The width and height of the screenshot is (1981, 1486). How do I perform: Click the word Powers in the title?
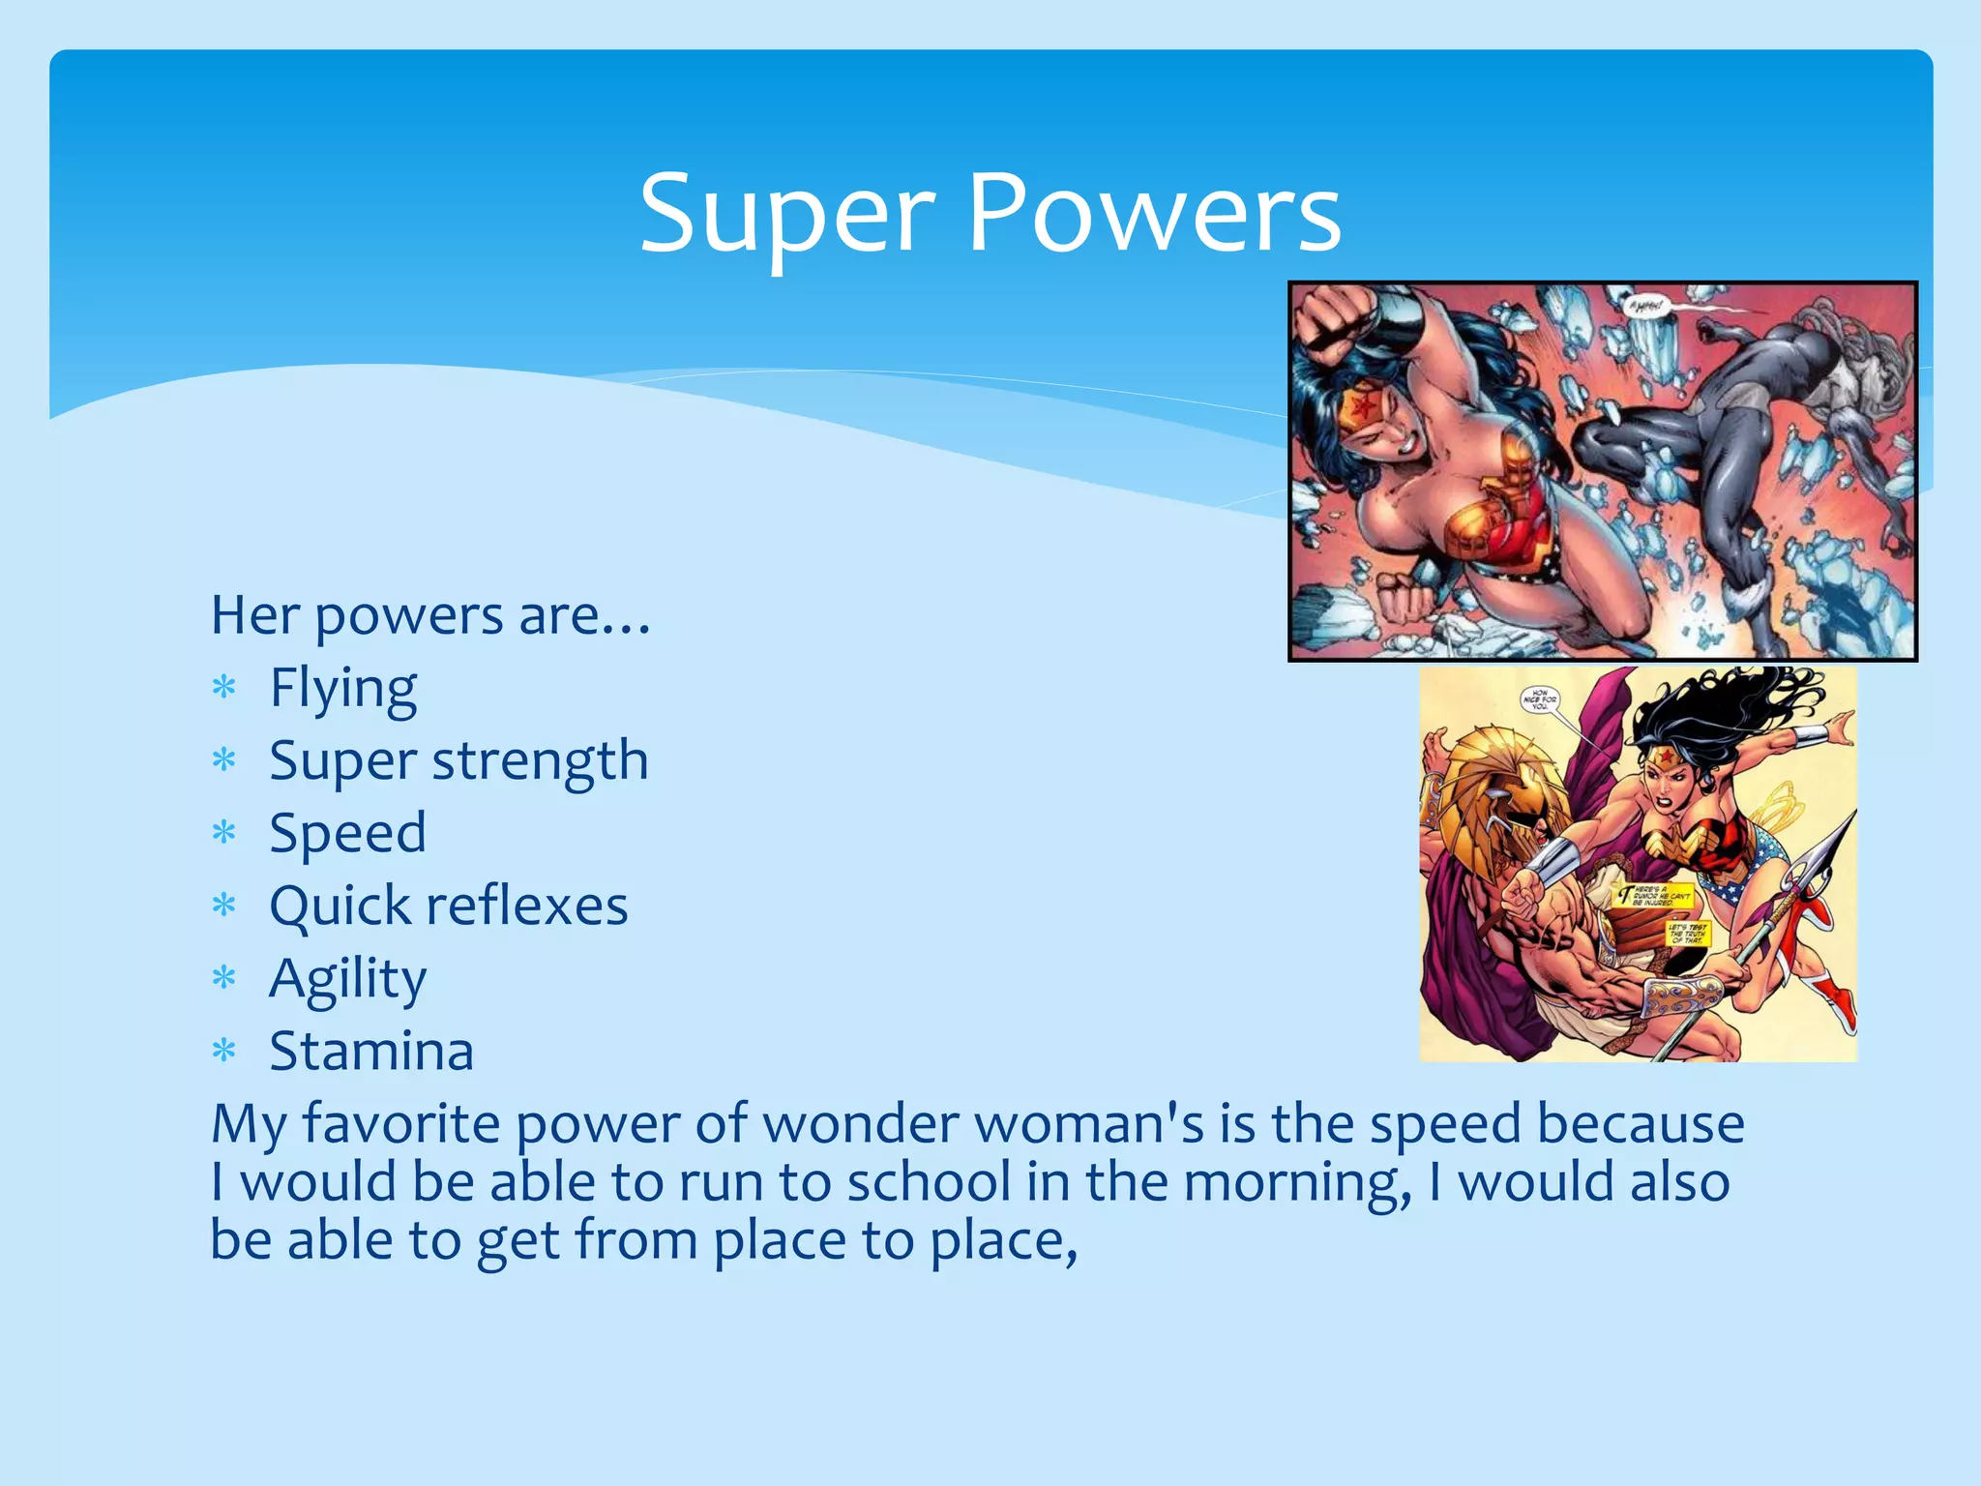(x=1153, y=215)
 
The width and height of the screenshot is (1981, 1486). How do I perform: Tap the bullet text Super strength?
(x=458, y=761)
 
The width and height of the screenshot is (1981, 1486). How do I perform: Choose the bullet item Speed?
(x=347, y=834)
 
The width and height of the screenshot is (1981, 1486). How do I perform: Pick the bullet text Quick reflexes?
(x=449, y=906)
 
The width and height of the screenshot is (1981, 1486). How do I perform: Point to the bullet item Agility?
(x=347, y=980)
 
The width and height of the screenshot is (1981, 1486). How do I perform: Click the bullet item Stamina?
(x=371, y=1052)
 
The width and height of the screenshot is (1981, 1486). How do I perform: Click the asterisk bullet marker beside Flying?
(x=224, y=690)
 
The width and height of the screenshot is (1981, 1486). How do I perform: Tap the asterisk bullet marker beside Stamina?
(x=224, y=1052)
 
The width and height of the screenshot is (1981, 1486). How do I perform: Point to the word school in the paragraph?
(x=929, y=1182)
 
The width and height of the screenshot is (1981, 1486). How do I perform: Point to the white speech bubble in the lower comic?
(x=1540, y=699)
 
